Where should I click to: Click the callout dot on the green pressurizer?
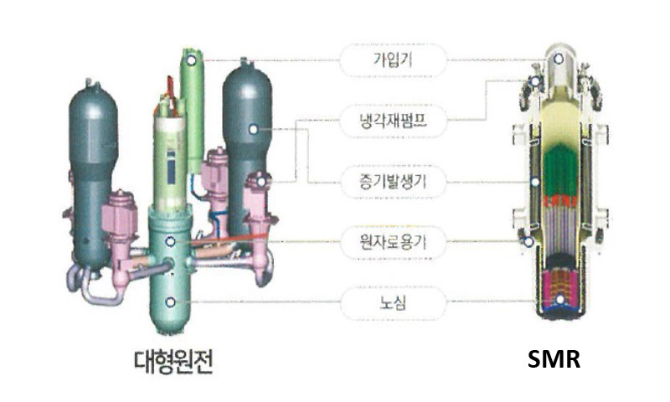192,60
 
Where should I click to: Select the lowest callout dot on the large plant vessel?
171,301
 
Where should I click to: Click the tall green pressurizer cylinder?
193,109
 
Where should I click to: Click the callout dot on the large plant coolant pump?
261,181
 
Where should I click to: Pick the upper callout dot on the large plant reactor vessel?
171,241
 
